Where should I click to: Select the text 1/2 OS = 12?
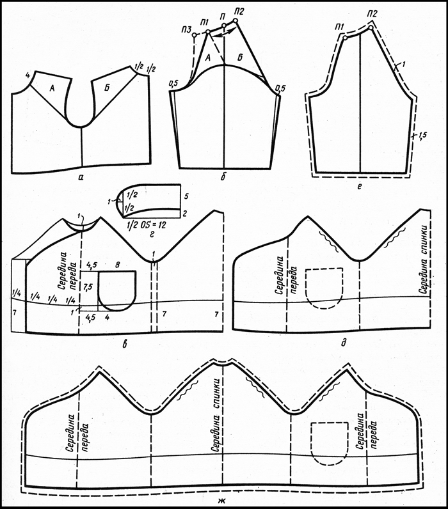(x=146, y=224)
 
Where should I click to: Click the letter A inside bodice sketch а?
(x=51, y=88)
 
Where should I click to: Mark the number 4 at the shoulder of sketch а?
(x=28, y=76)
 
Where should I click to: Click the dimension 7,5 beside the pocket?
(x=88, y=286)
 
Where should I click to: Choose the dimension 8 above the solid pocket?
(x=118, y=265)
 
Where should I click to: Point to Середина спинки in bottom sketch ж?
(x=217, y=415)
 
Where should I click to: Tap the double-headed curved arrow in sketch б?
(x=225, y=32)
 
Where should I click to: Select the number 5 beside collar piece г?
(x=186, y=197)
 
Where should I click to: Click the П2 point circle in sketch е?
(x=371, y=27)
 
